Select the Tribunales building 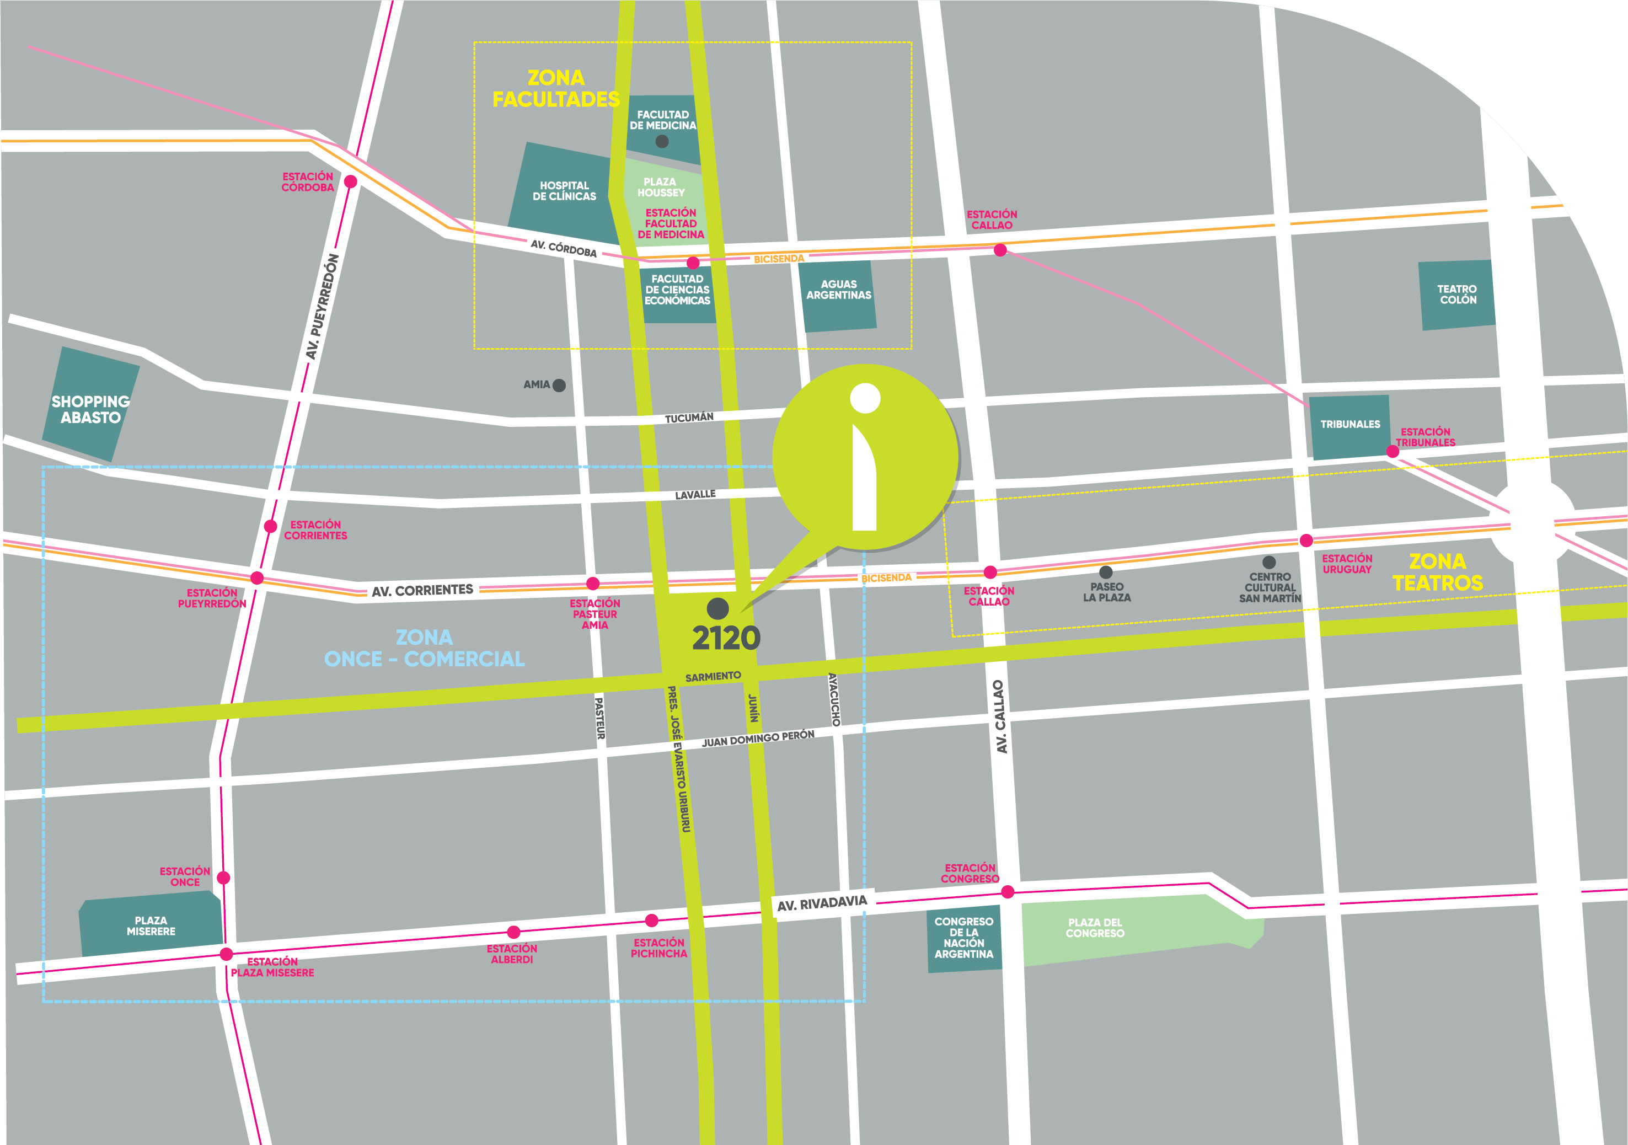1349,425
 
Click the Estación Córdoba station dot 350,182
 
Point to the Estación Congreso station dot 1008,892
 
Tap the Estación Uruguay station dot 1306,541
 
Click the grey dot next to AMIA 559,386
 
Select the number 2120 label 726,638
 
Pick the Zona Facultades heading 556,89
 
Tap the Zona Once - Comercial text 424,649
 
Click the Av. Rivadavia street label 822,904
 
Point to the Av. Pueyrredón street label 322,306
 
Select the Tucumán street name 688,418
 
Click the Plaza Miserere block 151,925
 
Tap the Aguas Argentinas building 838,294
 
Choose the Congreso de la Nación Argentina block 963,938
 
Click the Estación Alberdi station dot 514,932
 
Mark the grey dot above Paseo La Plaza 1105,572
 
